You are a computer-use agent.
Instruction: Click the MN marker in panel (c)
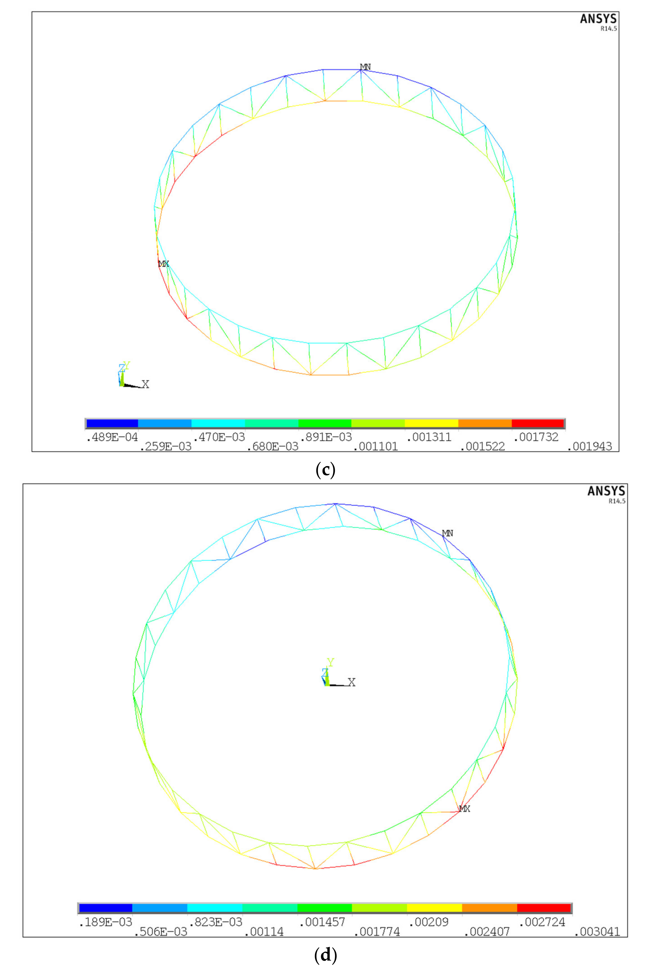coord(365,67)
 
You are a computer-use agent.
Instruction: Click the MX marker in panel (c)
coord(163,263)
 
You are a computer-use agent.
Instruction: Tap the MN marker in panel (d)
coord(447,533)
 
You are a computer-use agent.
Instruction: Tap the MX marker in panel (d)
coord(465,809)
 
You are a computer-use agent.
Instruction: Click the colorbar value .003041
coord(597,932)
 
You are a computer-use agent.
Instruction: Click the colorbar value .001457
coord(322,922)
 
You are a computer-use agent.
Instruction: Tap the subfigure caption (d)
coord(325,955)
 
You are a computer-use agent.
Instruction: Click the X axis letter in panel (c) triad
coord(145,384)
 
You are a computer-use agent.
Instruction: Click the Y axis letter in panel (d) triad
coord(330,662)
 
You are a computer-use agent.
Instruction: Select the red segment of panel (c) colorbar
coord(538,423)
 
